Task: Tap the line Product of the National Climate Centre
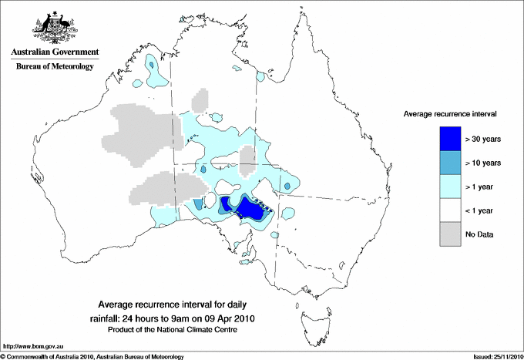(183, 329)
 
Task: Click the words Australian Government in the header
(55, 52)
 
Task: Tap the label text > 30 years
(483, 140)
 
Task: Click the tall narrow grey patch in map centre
(247, 161)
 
